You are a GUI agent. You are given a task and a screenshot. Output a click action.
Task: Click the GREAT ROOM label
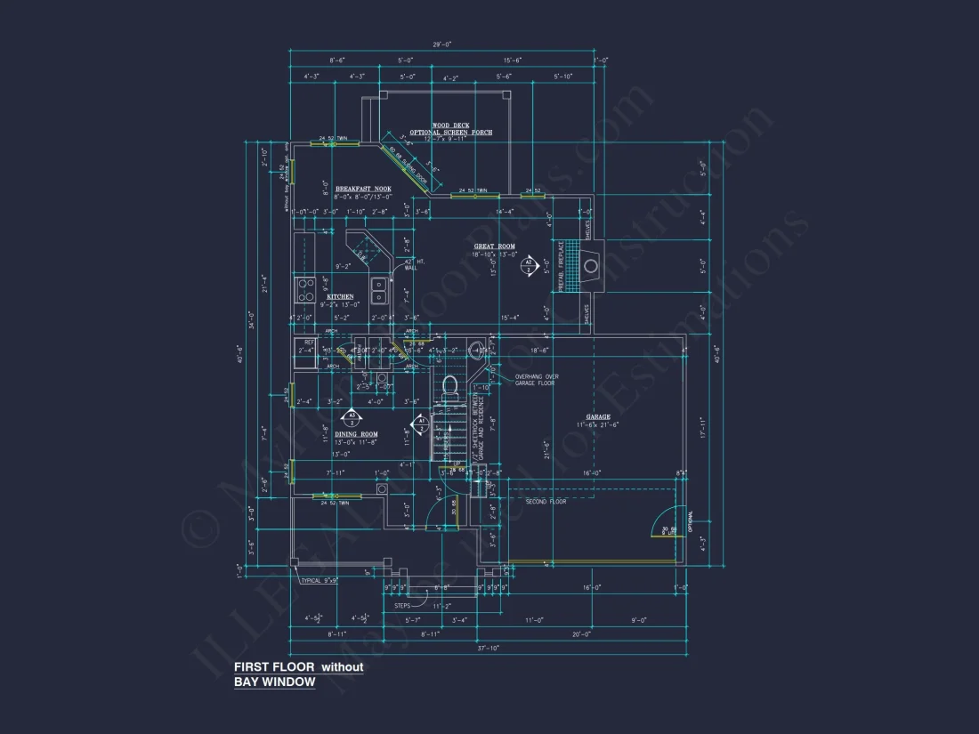pyautogui.click(x=494, y=246)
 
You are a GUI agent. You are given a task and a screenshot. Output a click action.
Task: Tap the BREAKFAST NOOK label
pyautogui.click(x=369, y=189)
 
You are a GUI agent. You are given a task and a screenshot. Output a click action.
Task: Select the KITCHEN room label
pyautogui.click(x=340, y=296)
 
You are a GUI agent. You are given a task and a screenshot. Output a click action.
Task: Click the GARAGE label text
pyautogui.click(x=597, y=416)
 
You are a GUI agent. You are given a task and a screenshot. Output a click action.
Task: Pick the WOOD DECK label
pyautogui.click(x=450, y=125)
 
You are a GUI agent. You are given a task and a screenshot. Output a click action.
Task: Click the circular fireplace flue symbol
pyautogui.click(x=590, y=265)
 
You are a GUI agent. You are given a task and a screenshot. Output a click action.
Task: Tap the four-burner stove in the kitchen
pyautogui.click(x=304, y=289)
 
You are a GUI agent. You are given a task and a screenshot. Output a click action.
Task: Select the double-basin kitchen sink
pyautogui.click(x=379, y=290)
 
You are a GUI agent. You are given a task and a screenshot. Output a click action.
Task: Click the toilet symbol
pyautogui.click(x=450, y=385)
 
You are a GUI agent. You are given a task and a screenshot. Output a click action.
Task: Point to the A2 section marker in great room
pyautogui.click(x=528, y=263)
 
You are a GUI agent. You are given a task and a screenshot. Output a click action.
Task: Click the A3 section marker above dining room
pyautogui.click(x=352, y=416)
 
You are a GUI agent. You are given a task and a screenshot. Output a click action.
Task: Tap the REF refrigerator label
pyautogui.click(x=309, y=342)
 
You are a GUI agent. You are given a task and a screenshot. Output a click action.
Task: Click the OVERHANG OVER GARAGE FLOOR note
pyautogui.click(x=537, y=379)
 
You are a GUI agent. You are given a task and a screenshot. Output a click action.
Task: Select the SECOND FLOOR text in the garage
pyautogui.click(x=546, y=502)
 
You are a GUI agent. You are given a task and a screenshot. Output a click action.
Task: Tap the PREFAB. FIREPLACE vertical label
pyautogui.click(x=562, y=264)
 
